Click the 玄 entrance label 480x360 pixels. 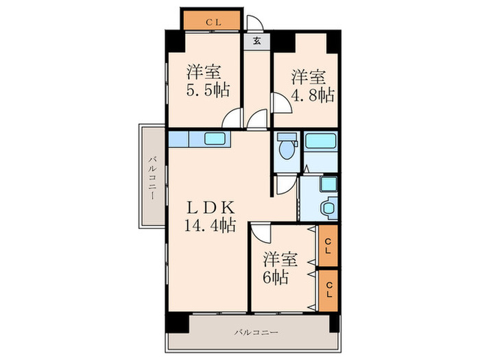click(x=257, y=40)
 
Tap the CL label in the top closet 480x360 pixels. click(x=213, y=22)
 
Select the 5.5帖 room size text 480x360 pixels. click(x=208, y=90)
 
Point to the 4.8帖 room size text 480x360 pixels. click(x=312, y=95)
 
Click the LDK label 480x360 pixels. click(x=211, y=208)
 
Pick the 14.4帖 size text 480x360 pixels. click(x=210, y=225)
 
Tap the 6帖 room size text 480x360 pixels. click(x=276, y=277)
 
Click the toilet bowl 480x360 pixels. click(x=287, y=147)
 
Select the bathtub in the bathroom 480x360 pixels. click(x=320, y=141)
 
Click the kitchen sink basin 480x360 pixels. click(x=215, y=139)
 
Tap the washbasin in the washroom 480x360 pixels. click(x=328, y=208)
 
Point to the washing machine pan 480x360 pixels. click(x=328, y=184)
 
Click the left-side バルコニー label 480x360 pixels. click(x=153, y=178)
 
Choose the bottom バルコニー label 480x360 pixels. click(x=256, y=332)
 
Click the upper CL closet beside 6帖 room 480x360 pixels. click(x=328, y=245)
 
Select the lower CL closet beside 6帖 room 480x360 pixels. click(x=328, y=290)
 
